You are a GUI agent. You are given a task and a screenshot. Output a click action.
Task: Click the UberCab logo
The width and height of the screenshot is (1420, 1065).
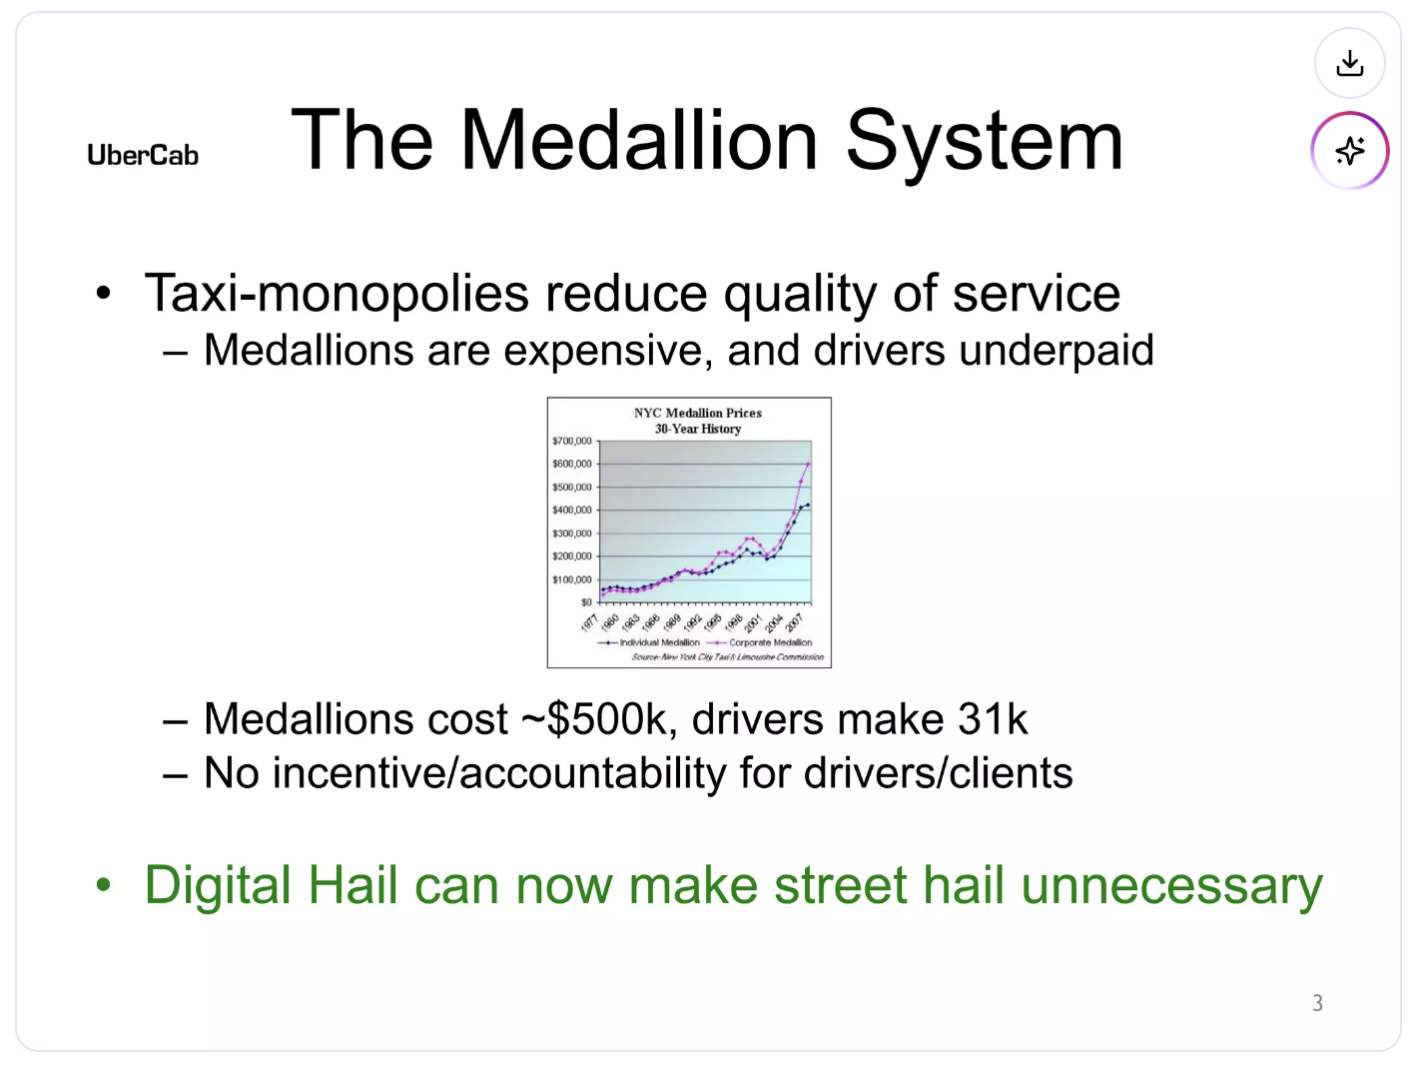tap(143, 156)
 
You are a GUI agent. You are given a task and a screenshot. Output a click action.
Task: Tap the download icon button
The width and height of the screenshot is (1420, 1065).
tap(1349, 64)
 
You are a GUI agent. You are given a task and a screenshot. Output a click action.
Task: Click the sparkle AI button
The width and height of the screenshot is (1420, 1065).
tap(1349, 151)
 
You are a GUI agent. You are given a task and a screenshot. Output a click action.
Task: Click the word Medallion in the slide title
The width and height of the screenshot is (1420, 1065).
tap(639, 141)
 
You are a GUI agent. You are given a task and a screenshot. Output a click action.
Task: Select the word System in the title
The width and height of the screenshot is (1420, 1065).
tap(985, 141)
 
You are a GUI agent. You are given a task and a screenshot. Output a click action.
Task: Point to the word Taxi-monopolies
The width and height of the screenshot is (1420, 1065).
tap(337, 294)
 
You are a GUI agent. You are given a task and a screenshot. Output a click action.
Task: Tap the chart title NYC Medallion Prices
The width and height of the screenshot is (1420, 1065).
tap(697, 413)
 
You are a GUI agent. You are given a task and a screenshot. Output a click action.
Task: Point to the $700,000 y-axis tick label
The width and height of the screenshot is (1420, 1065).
tap(572, 441)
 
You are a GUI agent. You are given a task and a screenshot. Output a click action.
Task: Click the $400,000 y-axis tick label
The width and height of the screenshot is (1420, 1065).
tap(572, 511)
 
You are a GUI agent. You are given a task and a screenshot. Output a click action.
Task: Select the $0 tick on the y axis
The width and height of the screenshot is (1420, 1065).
tap(586, 602)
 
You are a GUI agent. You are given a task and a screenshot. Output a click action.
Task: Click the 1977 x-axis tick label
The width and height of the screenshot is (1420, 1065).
tap(589, 622)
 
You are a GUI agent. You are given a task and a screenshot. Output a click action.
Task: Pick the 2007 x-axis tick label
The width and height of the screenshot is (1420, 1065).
tap(795, 622)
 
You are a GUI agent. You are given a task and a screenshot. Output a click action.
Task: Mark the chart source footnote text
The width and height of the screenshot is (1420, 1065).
tap(727, 657)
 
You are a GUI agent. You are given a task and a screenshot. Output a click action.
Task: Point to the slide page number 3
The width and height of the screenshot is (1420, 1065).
tap(1317, 1003)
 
